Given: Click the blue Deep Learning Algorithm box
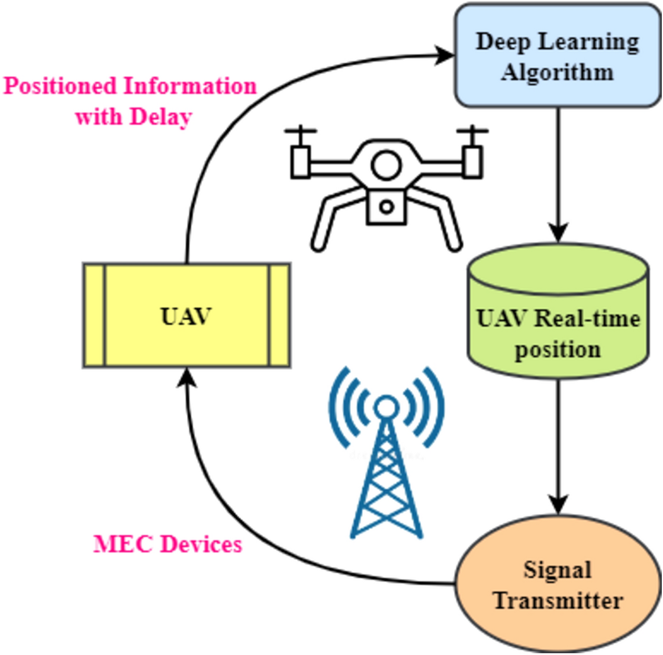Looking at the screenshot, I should pos(557,56).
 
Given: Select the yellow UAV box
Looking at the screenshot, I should pos(186,316).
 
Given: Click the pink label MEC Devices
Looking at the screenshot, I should pos(168,544).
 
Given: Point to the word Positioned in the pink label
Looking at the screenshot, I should pos(59,86).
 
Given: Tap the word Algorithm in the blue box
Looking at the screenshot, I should pos(557,73).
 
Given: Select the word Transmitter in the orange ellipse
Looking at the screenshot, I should pos(558,601).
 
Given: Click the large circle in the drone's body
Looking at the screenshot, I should pos(386,164).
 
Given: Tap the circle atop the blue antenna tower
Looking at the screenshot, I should pos(386,406).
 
